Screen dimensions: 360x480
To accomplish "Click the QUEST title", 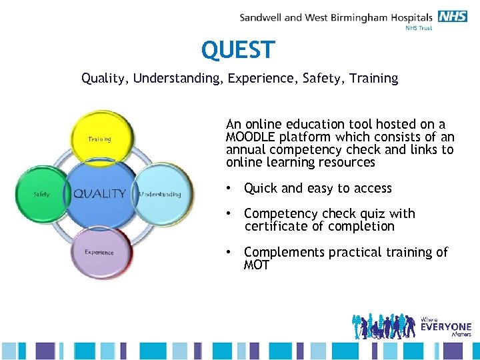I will coord(238,50).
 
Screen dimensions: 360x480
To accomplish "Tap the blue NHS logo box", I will coord(453,17).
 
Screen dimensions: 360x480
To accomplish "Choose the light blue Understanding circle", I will coord(161,193).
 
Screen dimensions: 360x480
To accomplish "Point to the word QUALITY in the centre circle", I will coord(99,194).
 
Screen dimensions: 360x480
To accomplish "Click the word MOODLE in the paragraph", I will coord(251,137).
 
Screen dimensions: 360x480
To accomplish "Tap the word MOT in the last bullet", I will coord(257,265).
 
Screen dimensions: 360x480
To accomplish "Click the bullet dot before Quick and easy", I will coord(229,189).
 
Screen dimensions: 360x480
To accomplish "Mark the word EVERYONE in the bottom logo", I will coord(445,327).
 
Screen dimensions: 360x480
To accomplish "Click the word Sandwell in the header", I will coord(261,17).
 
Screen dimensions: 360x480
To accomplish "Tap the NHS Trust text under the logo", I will coord(419,28).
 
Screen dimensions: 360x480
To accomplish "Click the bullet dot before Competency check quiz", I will coord(229,214).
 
